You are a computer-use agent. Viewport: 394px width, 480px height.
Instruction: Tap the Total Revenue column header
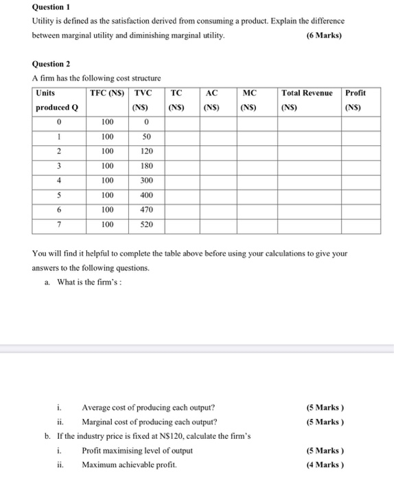point(307,93)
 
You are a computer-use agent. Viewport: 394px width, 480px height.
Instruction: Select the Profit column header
point(356,93)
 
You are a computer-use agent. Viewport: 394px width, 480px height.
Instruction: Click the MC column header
point(250,93)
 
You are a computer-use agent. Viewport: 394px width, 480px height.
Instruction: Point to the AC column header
point(212,93)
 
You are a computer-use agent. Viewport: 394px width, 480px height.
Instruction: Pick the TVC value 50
point(146,136)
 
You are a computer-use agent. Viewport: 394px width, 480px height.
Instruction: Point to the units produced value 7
point(60,224)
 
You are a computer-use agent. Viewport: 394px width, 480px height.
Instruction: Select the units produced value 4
point(60,180)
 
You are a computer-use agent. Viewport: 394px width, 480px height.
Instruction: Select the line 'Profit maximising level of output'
point(137,451)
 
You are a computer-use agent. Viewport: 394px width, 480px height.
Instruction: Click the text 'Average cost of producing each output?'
point(148,407)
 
